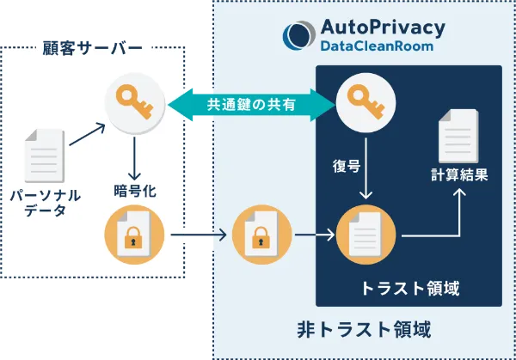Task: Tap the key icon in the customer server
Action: [x=133, y=103]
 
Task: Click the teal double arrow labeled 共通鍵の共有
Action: [x=250, y=104]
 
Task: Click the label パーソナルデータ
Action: [x=44, y=204]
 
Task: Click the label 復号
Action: [x=347, y=166]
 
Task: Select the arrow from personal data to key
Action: [x=87, y=134]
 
